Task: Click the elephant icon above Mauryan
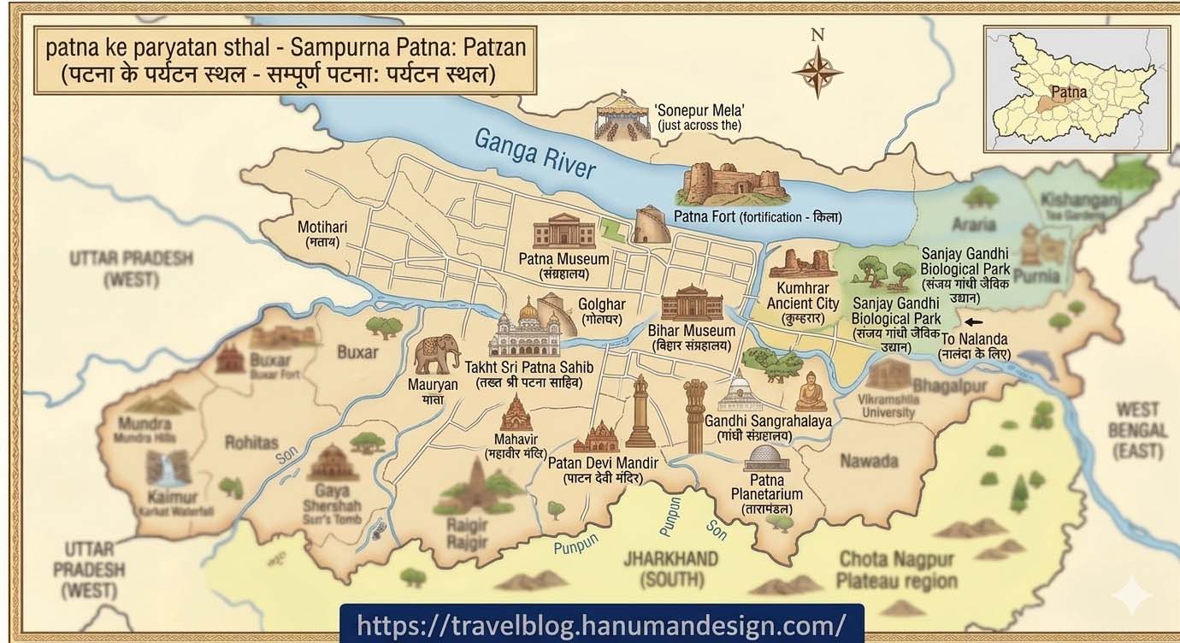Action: point(437,354)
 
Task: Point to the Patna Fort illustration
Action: point(731,184)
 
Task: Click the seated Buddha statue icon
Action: point(811,394)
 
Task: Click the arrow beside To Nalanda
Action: point(973,322)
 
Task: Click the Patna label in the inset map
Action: point(1069,91)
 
